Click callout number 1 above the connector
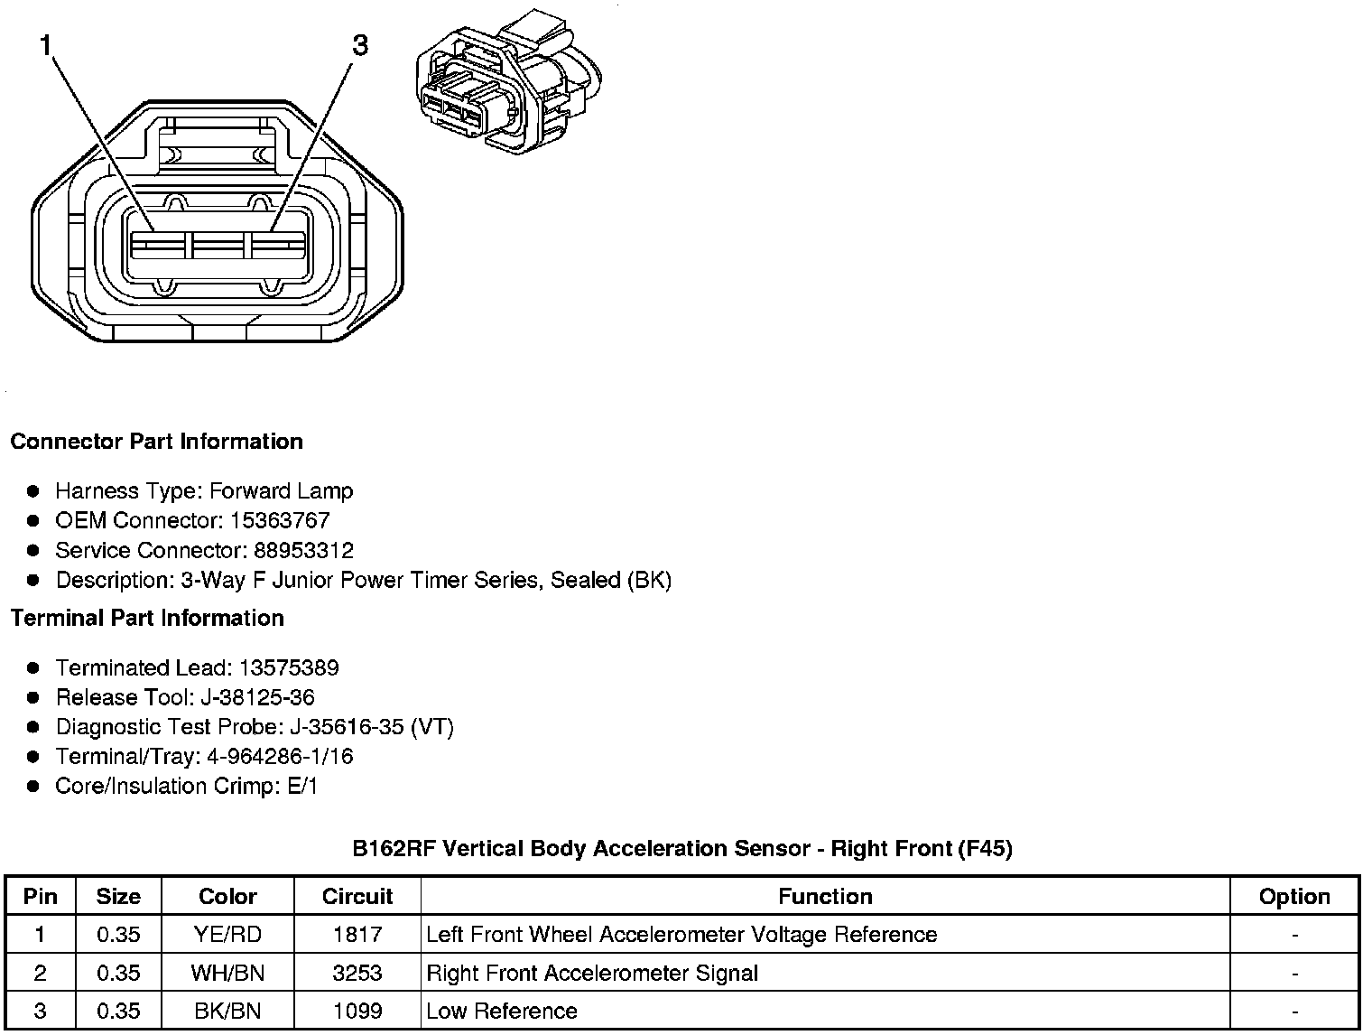(x=45, y=45)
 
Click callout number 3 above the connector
(x=360, y=45)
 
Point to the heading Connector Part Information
(x=156, y=442)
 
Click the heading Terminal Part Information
(x=147, y=619)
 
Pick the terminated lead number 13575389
(x=289, y=668)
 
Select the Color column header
(x=227, y=897)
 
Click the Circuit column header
(x=357, y=897)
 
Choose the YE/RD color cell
(x=227, y=935)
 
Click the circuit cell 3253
(x=357, y=974)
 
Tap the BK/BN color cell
(x=227, y=1012)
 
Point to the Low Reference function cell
(x=502, y=1012)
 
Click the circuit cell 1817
(x=357, y=935)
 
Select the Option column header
(x=1294, y=897)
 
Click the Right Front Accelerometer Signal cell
(x=592, y=974)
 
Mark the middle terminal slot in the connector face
(x=218, y=245)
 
